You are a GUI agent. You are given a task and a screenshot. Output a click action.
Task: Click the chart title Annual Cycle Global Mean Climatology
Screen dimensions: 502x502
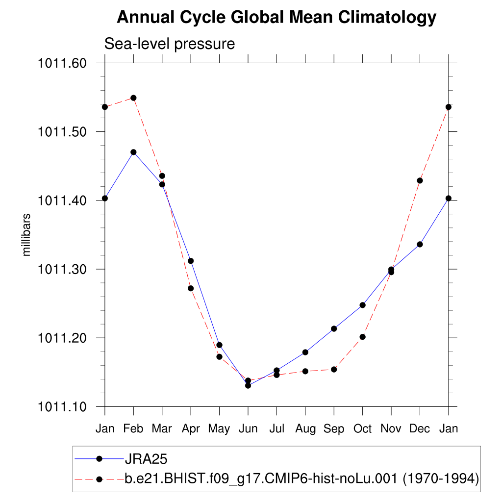(x=276, y=18)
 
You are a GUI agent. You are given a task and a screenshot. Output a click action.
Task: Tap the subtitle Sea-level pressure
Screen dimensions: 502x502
(x=170, y=44)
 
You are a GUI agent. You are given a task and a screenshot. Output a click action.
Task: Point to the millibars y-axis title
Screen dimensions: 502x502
(x=27, y=235)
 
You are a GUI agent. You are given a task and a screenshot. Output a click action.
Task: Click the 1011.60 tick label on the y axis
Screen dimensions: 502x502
(x=62, y=63)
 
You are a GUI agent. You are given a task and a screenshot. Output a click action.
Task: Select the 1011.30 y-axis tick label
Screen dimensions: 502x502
(x=62, y=269)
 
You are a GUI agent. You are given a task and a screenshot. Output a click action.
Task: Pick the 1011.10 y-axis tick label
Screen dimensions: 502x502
(x=62, y=406)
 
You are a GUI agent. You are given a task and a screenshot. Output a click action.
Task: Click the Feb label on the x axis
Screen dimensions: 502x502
(x=133, y=429)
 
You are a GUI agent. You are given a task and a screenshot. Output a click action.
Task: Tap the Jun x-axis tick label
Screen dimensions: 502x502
(x=248, y=429)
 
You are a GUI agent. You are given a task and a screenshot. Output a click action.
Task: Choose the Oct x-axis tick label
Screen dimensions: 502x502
(x=362, y=429)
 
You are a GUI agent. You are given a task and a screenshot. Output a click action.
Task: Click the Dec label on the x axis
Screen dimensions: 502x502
(x=420, y=429)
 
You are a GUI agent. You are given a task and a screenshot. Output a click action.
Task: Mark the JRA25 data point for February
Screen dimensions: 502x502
(x=133, y=152)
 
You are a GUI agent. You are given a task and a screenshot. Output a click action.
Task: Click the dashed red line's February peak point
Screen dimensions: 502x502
(x=133, y=98)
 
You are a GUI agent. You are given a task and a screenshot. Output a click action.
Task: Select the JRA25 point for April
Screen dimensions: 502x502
(x=191, y=261)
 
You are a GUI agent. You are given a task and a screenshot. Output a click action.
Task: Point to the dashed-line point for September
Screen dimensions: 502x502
(x=334, y=369)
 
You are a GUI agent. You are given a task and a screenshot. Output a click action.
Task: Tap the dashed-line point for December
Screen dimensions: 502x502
(x=420, y=180)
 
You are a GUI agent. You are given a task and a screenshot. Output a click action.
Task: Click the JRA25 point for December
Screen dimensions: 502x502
(x=420, y=244)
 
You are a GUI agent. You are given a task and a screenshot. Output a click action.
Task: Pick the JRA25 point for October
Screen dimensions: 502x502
(x=362, y=305)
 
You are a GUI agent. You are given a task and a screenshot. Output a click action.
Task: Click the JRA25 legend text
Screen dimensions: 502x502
(x=146, y=459)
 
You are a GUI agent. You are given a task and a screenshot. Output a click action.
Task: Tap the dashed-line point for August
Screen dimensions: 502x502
(x=305, y=371)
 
